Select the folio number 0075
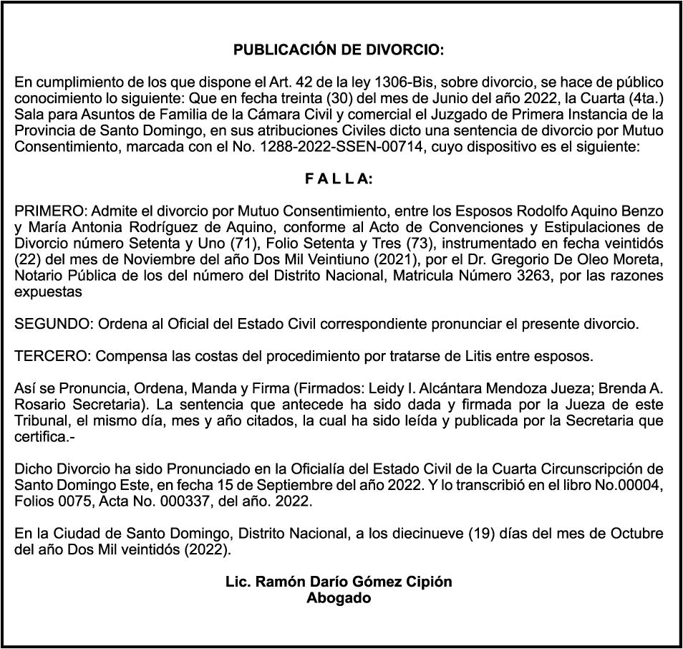pos(67,502)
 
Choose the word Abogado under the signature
pos(339,598)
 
